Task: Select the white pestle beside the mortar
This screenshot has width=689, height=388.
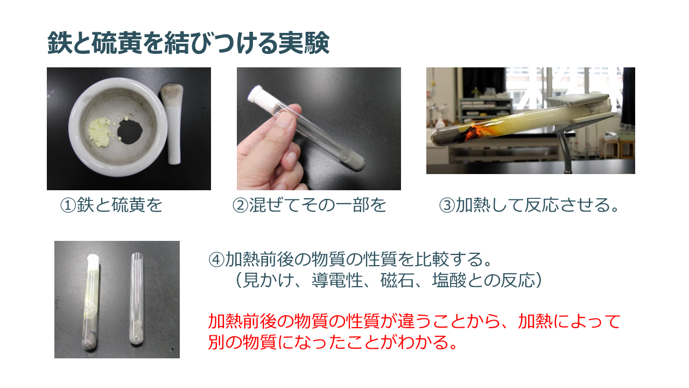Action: [x=173, y=123]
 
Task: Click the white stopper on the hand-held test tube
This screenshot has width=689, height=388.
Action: [x=259, y=96]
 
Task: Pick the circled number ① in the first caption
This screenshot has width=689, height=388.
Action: [x=68, y=205]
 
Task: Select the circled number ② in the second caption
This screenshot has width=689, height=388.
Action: [x=240, y=205]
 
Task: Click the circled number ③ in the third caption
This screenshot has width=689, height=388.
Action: [x=447, y=205]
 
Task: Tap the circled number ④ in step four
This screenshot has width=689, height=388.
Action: [x=216, y=260]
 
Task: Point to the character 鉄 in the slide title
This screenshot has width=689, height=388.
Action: [x=59, y=43]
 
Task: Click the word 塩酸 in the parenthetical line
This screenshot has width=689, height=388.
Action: [x=449, y=280]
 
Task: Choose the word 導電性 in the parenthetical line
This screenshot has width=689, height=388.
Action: [x=337, y=280]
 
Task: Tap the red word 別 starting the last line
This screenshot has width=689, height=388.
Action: [x=216, y=342]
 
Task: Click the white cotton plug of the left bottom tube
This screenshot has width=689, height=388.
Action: [x=93, y=262]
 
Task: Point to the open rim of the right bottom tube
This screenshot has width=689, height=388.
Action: [x=137, y=255]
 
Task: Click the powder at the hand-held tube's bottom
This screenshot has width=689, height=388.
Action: [x=354, y=159]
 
